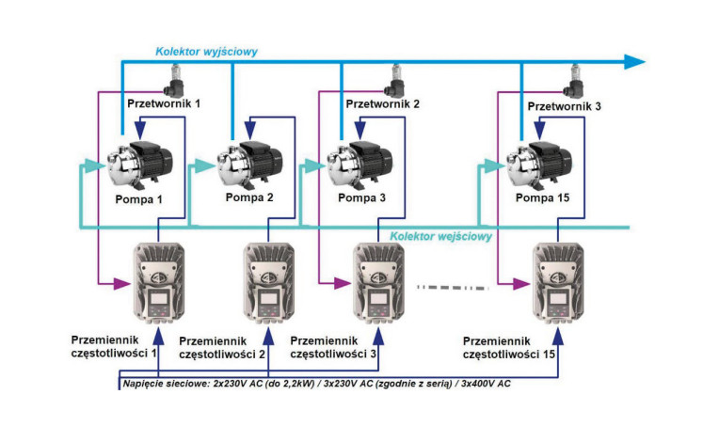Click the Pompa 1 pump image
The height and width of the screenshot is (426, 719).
pos(139,165)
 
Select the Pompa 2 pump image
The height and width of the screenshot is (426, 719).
pos(249,164)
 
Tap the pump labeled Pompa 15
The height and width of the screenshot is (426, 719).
pos(539,165)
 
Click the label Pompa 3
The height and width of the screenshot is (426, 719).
pos(361,197)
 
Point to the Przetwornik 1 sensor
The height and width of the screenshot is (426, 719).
pos(174,81)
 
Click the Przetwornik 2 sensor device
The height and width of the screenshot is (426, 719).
pos(394,81)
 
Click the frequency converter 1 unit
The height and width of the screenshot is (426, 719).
pos(159,283)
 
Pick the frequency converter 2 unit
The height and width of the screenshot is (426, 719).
pos(269,283)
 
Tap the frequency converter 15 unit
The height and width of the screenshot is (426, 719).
pos(558,283)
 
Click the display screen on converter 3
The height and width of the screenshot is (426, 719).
pos(378,299)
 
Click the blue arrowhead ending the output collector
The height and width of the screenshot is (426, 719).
pos(634,61)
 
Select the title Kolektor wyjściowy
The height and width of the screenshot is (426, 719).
pos(206,52)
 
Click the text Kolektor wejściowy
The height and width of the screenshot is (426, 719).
pos(440,236)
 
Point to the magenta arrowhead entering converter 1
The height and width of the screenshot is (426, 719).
pos(122,284)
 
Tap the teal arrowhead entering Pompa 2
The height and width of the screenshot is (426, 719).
pos(205,166)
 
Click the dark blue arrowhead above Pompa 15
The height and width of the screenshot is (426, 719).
pos(539,131)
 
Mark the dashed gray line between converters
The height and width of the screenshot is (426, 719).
pos(452,288)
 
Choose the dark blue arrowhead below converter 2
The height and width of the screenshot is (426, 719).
pos(269,337)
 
